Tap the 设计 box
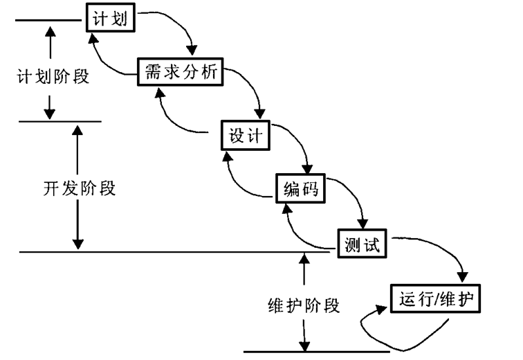[245, 135]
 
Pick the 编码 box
[301, 188]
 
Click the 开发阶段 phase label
[79, 188]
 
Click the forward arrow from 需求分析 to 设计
[252, 90]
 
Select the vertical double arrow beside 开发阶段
[77, 187]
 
